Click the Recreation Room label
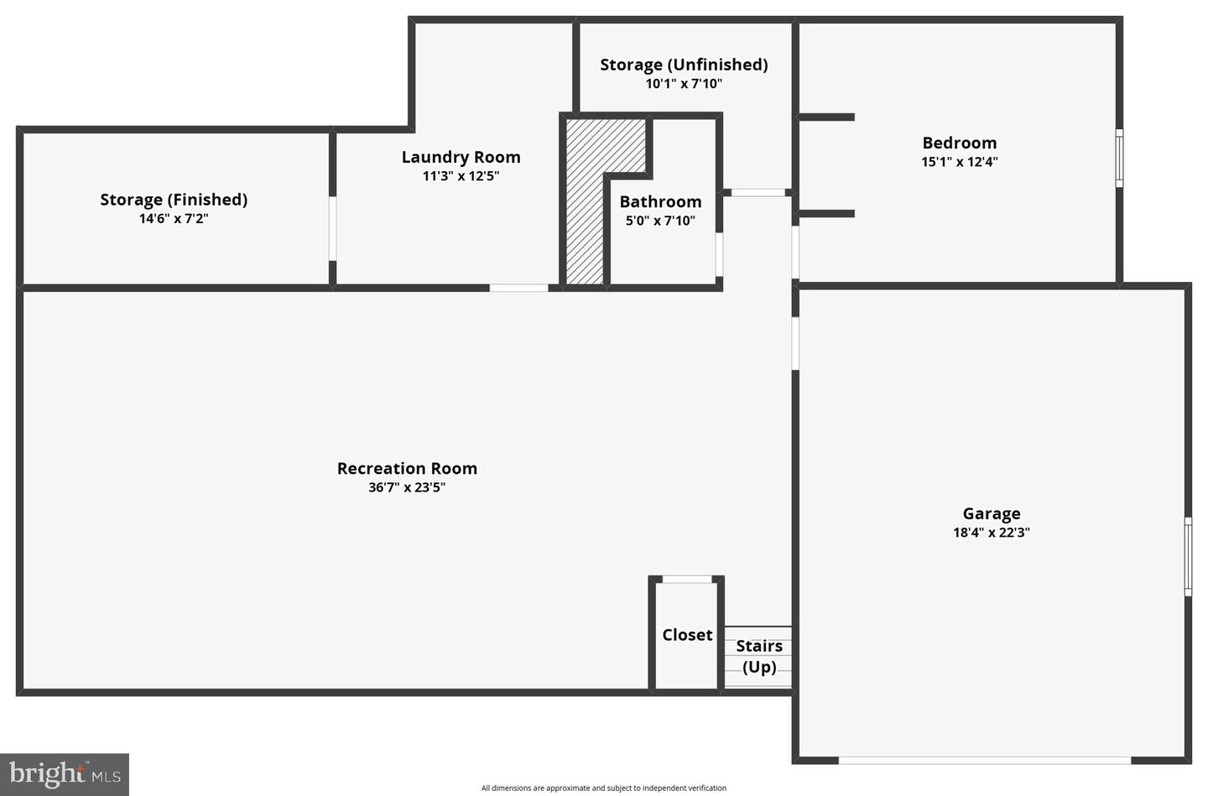coord(407,468)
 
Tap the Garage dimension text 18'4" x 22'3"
coord(992,533)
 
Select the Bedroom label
coord(960,143)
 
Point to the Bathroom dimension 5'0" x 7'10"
coord(660,220)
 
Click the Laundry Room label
coord(461,157)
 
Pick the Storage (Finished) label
coord(174,200)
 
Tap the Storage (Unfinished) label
coord(684,65)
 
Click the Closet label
coord(687,635)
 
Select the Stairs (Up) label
coord(759,656)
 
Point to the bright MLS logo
coord(65,774)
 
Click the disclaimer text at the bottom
coord(603,788)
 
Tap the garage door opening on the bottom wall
coord(984,761)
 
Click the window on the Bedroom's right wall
coord(1119,158)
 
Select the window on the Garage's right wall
coord(1188,557)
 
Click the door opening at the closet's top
coord(687,580)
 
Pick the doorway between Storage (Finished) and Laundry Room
coord(332,229)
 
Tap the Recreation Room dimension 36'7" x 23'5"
coord(407,487)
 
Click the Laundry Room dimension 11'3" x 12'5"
coord(461,176)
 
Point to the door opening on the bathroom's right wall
coord(719,254)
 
